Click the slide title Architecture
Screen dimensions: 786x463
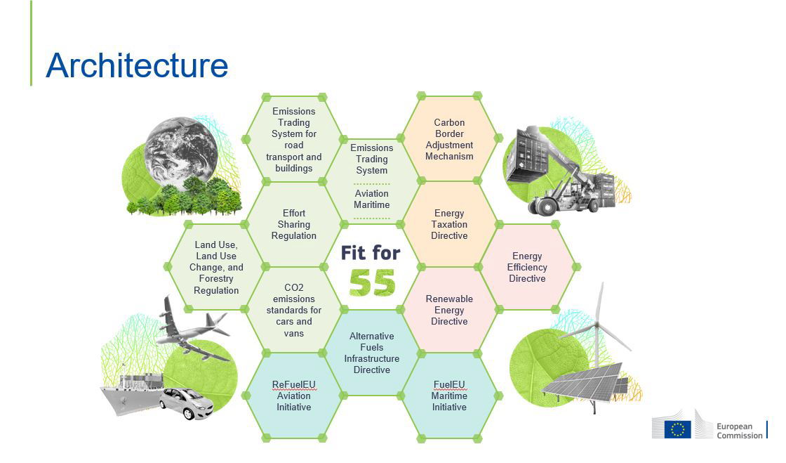(x=137, y=66)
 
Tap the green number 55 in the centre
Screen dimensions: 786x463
(x=372, y=282)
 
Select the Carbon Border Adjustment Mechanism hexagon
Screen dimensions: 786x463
(x=449, y=139)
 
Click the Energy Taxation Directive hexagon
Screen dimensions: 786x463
(x=449, y=224)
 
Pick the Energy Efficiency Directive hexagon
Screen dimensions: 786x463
(x=527, y=267)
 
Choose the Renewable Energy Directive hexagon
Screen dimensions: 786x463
(x=449, y=310)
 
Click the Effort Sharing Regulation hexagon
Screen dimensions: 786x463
(x=294, y=224)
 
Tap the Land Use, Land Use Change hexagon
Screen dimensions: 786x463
(x=216, y=267)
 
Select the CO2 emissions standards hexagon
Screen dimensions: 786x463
(x=294, y=310)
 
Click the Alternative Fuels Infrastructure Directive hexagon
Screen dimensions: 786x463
(x=371, y=353)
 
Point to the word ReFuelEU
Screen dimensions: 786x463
(x=294, y=384)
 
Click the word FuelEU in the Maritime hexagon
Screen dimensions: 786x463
(x=449, y=384)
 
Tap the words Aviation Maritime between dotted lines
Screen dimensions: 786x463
(x=371, y=199)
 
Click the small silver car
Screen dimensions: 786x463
(x=187, y=403)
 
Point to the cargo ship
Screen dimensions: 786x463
(x=131, y=393)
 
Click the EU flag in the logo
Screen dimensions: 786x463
(x=677, y=429)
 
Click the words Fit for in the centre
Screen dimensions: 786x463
(x=371, y=253)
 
